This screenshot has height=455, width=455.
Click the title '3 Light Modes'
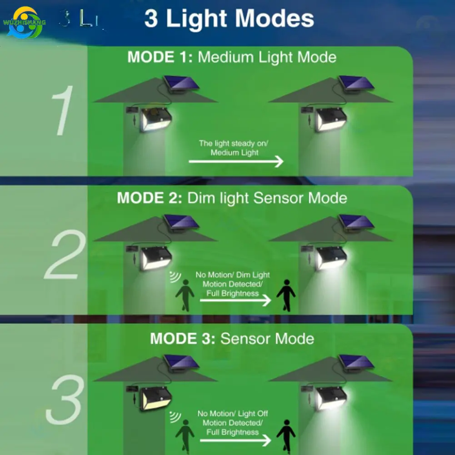229,19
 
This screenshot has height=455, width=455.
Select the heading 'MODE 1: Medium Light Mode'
232,57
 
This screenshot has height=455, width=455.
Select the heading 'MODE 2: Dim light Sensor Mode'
232,198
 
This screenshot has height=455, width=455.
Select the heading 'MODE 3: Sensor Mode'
232,339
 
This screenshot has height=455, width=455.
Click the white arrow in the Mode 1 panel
236,161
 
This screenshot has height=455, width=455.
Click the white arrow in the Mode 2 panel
235,300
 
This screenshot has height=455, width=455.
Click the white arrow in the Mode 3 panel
235,440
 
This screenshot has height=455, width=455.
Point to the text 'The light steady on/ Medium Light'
234,148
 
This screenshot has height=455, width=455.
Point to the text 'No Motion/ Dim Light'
232,275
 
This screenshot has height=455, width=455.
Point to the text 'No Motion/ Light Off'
232,414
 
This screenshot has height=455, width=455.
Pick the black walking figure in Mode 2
286,295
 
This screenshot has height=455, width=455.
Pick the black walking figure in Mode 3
286,434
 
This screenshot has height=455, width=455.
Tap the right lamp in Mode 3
331,398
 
